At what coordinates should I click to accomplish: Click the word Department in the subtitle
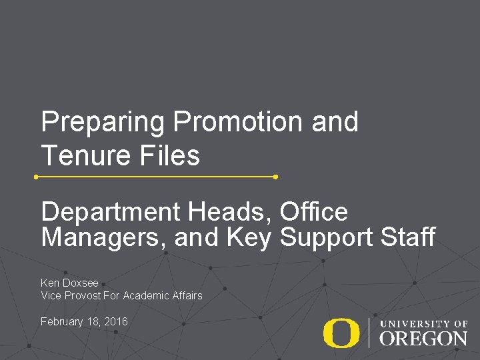(x=111, y=213)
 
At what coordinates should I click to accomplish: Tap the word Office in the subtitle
(x=314, y=212)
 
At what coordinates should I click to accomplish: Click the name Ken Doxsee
(x=69, y=283)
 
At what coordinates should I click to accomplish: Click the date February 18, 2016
(x=84, y=322)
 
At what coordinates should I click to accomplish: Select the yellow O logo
(x=341, y=333)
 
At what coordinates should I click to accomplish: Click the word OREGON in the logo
(x=423, y=338)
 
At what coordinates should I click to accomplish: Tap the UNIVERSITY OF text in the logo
(x=423, y=324)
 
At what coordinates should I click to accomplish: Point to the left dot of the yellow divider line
(x=36, y=177)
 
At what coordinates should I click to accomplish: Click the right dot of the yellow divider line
(x=275, y=177)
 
